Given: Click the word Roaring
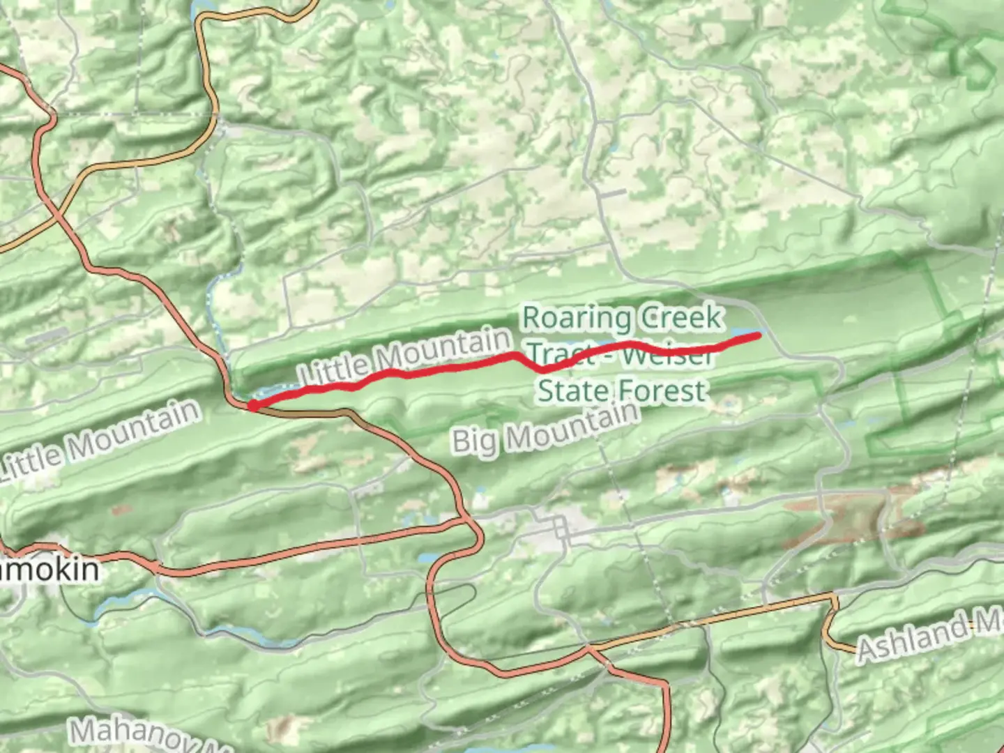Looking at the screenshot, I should pos(577,318).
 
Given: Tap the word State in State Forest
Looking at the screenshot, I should pos(570,390).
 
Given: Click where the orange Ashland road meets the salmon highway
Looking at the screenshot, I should pos(589,649).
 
